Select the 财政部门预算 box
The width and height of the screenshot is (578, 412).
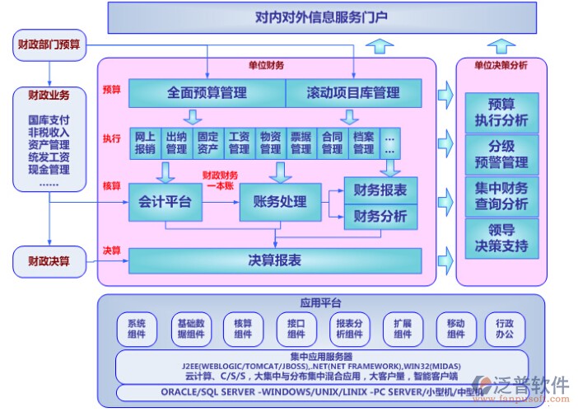(x=49, y=44)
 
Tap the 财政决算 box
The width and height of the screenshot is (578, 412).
(x=49, y=262)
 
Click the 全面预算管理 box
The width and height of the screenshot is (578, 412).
(x=206, y=93)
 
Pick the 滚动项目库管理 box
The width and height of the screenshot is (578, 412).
(x=352, y=93)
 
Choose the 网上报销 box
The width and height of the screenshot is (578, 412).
(x=145, y=143)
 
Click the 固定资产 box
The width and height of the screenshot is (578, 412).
(x=207, y=143)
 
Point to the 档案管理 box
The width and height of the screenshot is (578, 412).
(x=363, y=143)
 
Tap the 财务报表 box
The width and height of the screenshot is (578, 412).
(x=380, y=190)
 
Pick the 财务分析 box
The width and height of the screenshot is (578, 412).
(x=380, y=217)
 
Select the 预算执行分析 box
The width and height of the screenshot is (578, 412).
(x=501, y=113)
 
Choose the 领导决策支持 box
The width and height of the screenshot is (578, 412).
(x=501, y=238)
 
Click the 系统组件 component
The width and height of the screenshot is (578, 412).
(x=137, y=329)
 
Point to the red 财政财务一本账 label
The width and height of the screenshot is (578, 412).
(x=221, y=180)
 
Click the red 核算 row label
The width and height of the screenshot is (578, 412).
(x=111, y=185)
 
